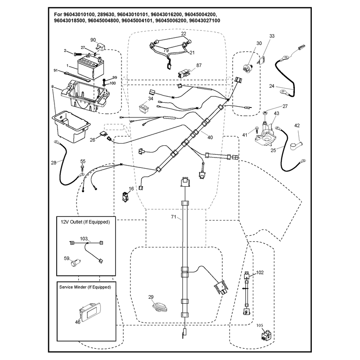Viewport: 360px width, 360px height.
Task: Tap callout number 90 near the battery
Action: (93, 40)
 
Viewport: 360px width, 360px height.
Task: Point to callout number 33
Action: (272, 36)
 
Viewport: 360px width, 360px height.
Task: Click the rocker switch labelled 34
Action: (144, 108)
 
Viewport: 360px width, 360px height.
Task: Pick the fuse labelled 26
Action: (103, 134)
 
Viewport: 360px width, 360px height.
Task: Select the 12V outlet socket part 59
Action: (76, 262)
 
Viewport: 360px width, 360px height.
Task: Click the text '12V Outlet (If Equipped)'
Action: (85, 222)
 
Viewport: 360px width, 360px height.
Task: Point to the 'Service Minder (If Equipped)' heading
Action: (85, 287)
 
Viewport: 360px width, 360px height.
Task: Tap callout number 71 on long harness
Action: (174, 217)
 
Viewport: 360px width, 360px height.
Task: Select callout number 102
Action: (260, 272)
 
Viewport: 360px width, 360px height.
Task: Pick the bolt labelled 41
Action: (257, 130)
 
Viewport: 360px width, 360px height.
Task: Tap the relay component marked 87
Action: (184, 74)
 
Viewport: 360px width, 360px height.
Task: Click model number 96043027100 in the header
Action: (204, 21)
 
